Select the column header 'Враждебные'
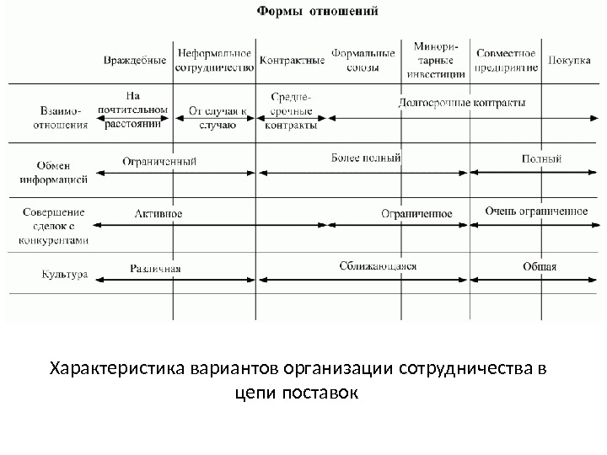coord(134,61)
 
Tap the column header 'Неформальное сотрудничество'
coord(215,61)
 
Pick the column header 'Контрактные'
coord(293,61)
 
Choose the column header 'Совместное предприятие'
coord(506,60)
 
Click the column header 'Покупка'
coord(569,61)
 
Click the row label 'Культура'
coord(65,274)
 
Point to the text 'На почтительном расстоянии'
coord(132,110)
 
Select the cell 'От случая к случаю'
coord(217,117)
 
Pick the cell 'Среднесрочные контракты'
coord(291,111)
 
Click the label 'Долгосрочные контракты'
coord(461,103)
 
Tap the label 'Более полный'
coord(366,158)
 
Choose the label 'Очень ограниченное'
coord(536,211)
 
